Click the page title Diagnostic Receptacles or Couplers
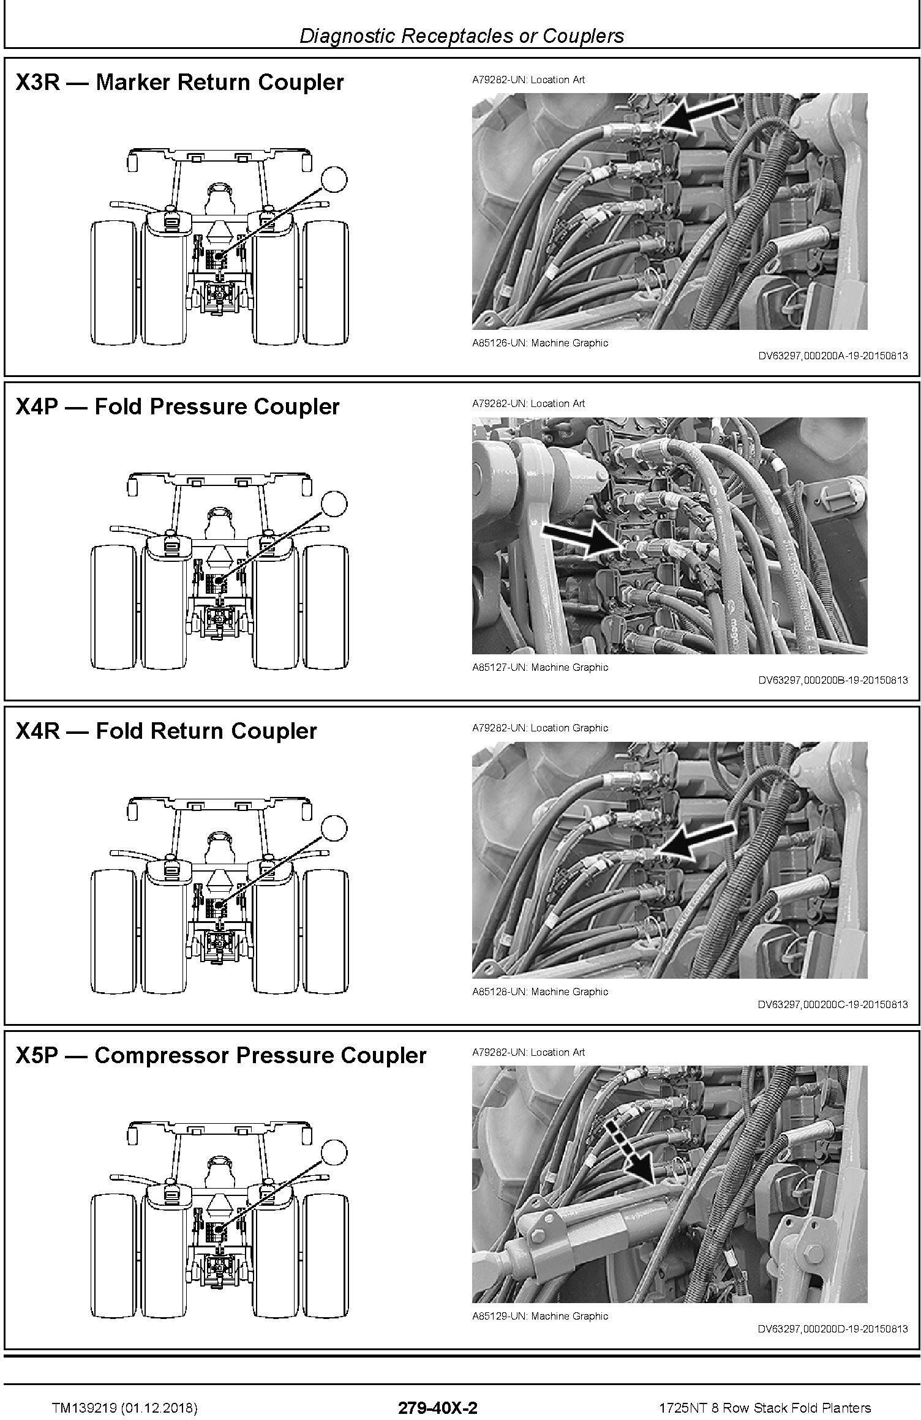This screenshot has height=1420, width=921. [x=461, y=35]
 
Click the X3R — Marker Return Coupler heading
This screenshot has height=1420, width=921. [x=179, y=82]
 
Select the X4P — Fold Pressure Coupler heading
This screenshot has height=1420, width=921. [x=178, y=406]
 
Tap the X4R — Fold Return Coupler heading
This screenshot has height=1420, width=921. [x=166, y=731]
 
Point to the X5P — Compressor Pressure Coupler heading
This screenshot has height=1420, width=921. [x=221, y=1055]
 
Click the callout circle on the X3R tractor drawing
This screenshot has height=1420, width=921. [x=334, y=179]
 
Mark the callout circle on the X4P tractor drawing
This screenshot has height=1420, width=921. [x=334, y=504]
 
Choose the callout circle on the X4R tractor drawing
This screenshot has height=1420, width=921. [x=334, y=828]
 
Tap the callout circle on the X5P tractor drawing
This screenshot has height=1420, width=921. [x=334, y=1153]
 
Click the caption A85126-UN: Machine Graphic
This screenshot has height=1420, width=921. [x=540, y=343]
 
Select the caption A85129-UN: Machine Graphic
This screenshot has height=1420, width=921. [x=540, y=1316]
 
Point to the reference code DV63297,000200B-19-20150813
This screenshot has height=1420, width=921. [x=833, y=679]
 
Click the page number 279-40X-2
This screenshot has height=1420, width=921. [x=437, y=1391]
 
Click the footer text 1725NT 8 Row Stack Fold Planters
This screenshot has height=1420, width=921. [x=765, y=1391]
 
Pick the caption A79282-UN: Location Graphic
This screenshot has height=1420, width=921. [x=540, y=728]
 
